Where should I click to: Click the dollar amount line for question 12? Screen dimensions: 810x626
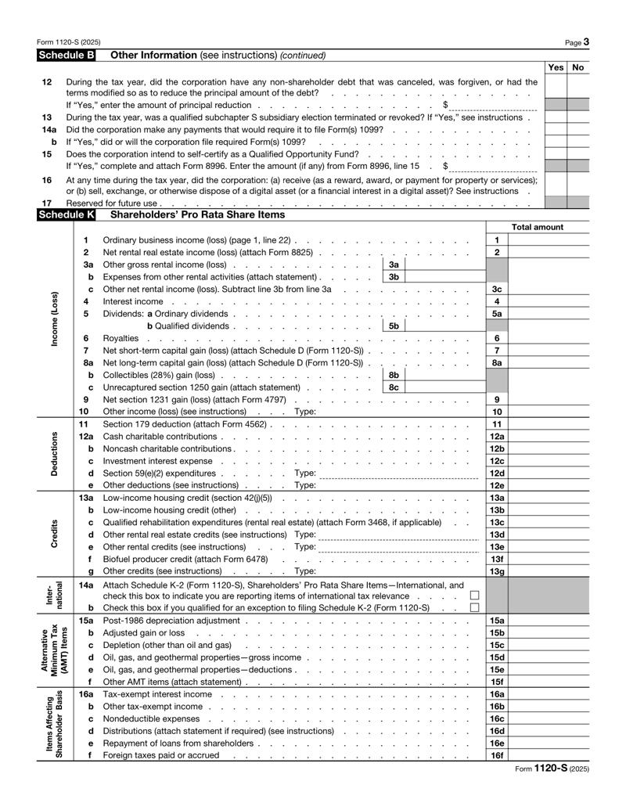click(493, 104)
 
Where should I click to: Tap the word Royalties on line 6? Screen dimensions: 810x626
click(121, 337)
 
